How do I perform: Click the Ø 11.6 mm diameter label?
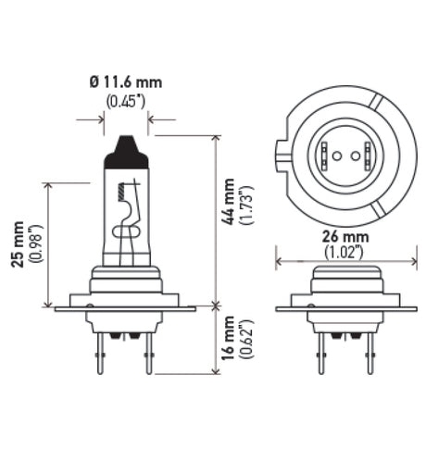pos(126,82)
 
